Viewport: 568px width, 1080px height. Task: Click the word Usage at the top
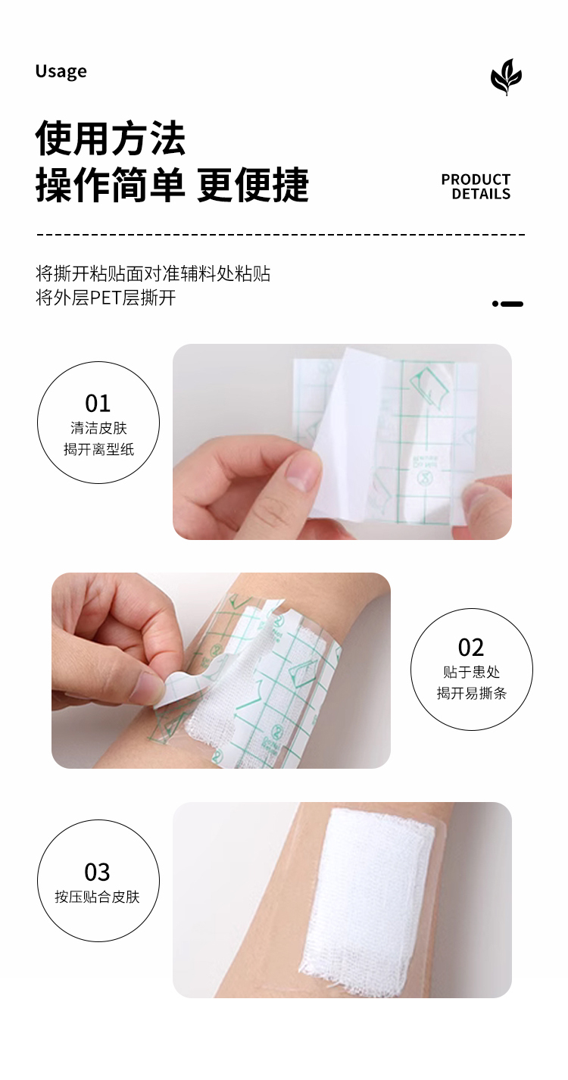click(61, 71)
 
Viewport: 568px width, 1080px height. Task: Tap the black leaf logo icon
click(506, 76)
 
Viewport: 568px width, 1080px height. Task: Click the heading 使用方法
click(111, 138)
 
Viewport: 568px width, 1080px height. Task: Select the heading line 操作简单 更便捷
click(172, 185)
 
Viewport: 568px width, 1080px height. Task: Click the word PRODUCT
click(476, 179)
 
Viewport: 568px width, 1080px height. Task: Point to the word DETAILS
click(481, 194)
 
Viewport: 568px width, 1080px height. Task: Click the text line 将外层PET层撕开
click(105, 298)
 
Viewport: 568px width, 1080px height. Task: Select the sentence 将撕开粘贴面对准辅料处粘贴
click(153, 273)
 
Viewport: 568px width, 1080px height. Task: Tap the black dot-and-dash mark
click(507, 304)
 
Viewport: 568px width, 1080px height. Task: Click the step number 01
click(98, 403)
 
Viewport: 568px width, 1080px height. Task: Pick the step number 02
click(470, 647)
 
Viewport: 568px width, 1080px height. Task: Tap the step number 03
click(98, 872)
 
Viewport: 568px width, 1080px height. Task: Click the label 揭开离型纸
click(99, 449)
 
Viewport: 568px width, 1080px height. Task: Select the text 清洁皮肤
click(98, 428)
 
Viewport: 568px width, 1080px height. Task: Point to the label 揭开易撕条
click(472, 693)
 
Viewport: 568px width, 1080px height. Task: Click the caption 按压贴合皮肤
click(97, 897)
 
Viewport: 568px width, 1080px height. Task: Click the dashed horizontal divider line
click(280, 236)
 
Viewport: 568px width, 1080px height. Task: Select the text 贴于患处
click(472, 672)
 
